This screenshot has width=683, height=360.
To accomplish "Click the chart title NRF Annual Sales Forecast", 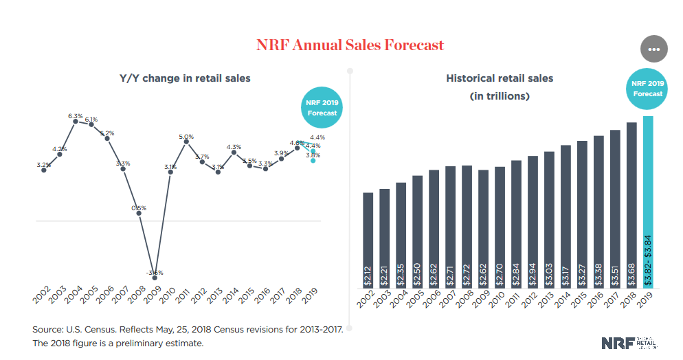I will point(350,45).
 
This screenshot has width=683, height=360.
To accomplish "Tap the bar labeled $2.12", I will point(368,240).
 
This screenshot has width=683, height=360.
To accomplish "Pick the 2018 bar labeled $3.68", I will point(631,206).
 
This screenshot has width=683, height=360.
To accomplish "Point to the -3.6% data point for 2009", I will point(155,278).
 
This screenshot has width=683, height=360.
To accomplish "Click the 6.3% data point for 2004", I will point(76,121).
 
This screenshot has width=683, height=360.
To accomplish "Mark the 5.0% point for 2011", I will point(186,142).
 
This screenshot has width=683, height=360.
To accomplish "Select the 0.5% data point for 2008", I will point(139,213).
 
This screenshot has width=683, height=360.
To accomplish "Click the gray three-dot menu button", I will point(653,49).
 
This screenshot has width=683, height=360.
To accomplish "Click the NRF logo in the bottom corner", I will point(628,342).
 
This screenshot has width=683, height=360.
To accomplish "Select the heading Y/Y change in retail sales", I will point(185,78).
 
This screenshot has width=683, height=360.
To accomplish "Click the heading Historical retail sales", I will point(500,78).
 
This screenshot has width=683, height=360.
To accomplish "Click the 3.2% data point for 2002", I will point(44,170).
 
